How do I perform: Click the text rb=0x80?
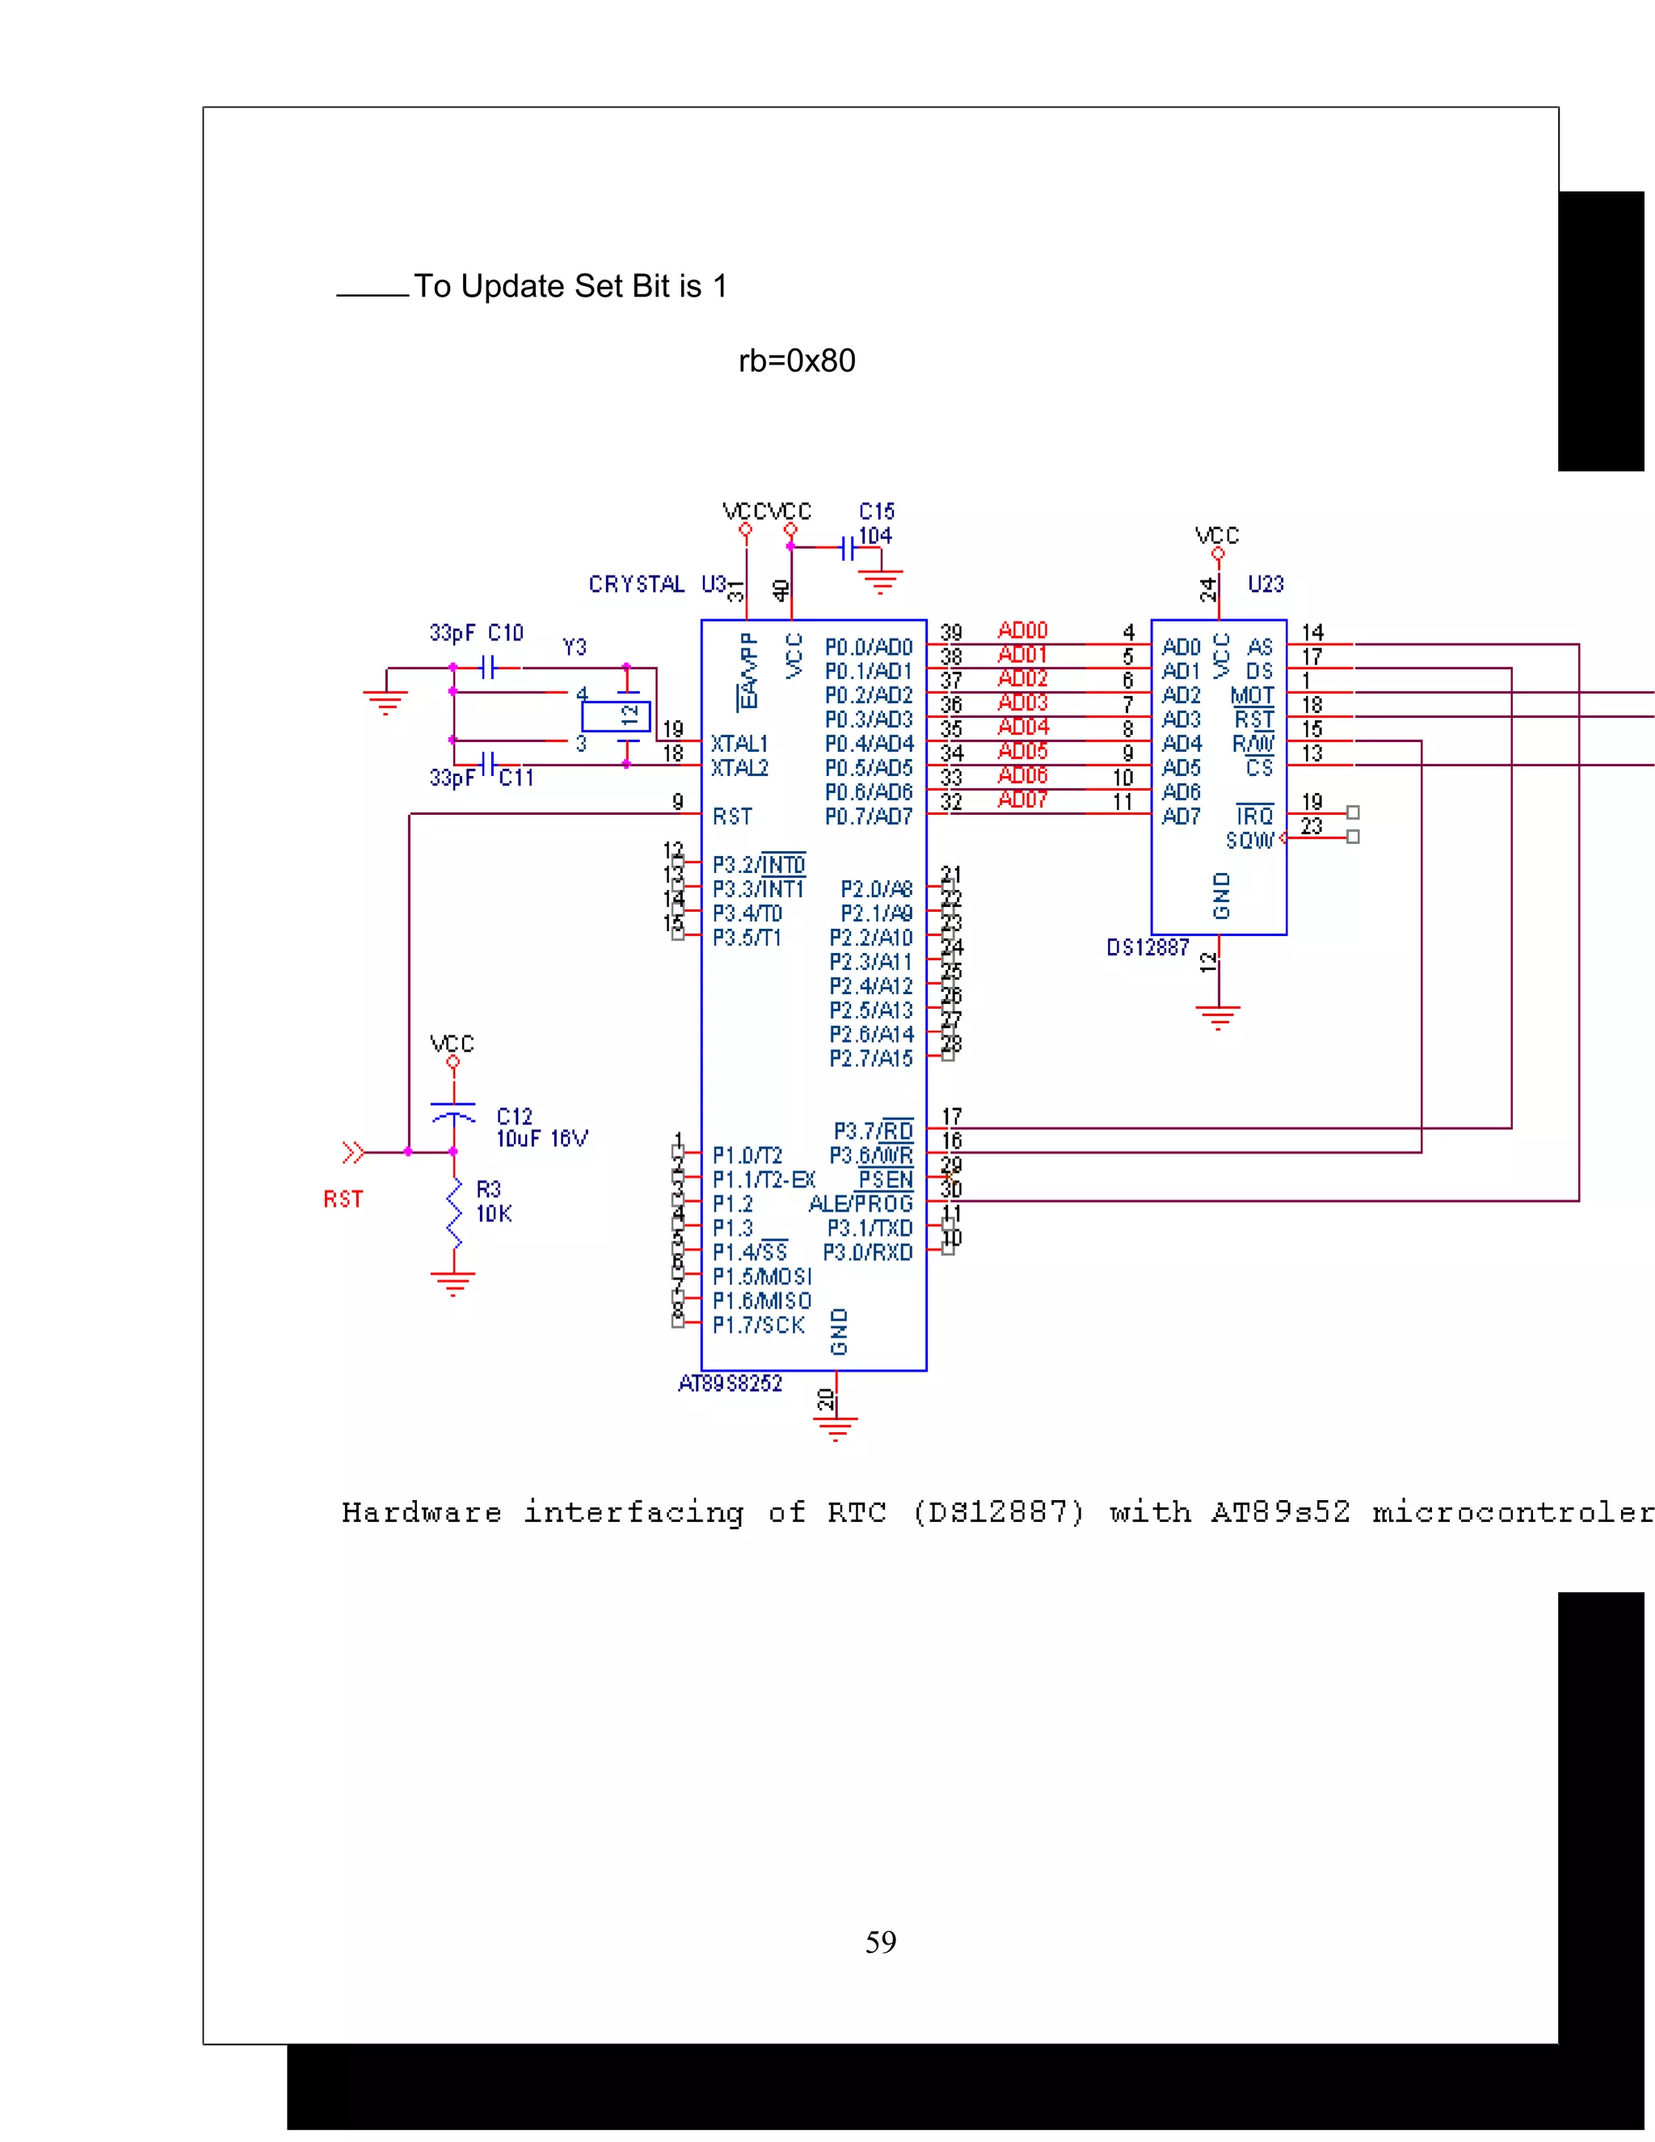click(x=796, y=361)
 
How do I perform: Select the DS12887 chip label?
click(x=1148, y=947)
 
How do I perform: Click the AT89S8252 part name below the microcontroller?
click(x=731, y=1384)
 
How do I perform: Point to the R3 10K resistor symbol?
click(x=454, y=1214)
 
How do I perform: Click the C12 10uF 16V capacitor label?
click(x=541, y=1128)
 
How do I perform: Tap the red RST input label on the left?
click(x=343, y=1200)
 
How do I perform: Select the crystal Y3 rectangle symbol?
click(x=616, y=716)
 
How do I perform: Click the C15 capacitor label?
click(x=877, y=512)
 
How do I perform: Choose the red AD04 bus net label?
click(x=1022, y=727)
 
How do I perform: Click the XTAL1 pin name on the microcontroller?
click(x=739, y=744)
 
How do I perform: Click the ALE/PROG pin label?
click(x=860, y=1204)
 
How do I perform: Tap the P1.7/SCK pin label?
click(x=758, y=1325)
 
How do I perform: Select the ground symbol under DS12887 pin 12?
click(x=1218, y=1016)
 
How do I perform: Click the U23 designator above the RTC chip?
click(x=1265, y=584)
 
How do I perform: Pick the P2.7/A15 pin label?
click(x=870, y=1058)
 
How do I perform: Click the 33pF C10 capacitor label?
click(x=477, y=633)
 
